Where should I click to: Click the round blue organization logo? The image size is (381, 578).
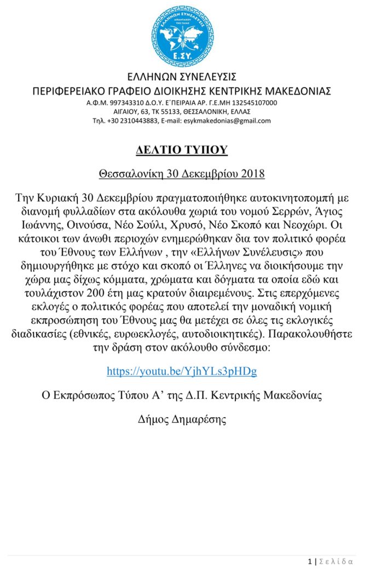point(182,36)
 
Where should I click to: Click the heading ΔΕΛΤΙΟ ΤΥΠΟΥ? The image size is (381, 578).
point(182,150)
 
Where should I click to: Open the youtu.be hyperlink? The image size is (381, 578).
point(182,371)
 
